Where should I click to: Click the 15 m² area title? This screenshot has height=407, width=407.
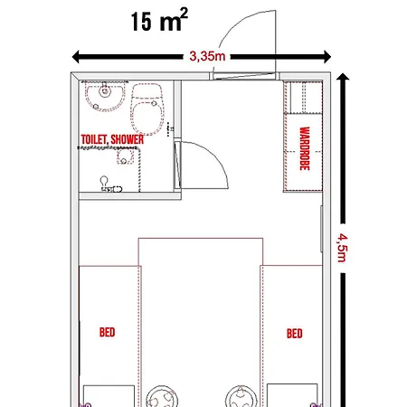tap(159, 20)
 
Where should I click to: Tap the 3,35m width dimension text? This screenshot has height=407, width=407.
tap(207, 56)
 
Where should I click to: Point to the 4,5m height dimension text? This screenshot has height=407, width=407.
tap(343, 248)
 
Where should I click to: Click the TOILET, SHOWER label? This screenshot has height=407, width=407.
tap(112, 139)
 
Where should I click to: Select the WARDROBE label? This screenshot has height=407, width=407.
tap(305, 148)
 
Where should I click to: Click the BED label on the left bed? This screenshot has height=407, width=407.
tap(107, 332)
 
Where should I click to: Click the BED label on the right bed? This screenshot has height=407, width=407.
tap(294, 334)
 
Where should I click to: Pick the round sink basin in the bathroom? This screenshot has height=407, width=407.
tap(105, 96)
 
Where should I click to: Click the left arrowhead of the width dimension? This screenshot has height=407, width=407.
tap(76, 57)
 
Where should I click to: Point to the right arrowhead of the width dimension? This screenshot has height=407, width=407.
tap(327, 57)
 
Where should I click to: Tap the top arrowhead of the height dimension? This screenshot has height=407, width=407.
tap(343, 77)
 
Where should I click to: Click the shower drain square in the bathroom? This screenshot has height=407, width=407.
tap(125, 156)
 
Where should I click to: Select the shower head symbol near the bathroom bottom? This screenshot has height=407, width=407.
tap(105, 182)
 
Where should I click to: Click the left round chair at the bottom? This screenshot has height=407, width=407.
tap(162, 396)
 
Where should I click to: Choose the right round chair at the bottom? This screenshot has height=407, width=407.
tap(241, 396)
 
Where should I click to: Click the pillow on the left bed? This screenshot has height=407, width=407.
tap(109, 396)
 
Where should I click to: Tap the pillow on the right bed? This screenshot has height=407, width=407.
tap(292, 395)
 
